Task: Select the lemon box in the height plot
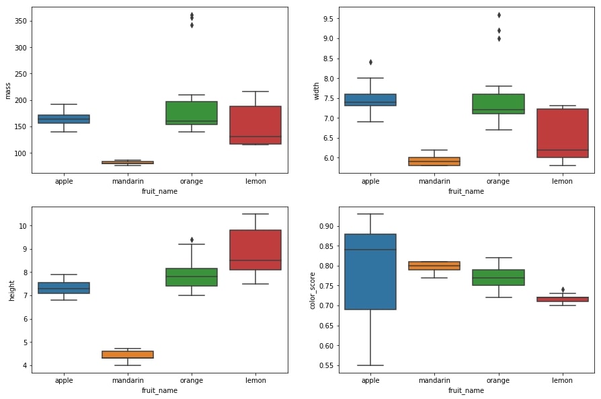255,250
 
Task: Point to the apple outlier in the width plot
370,63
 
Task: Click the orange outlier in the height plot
192,240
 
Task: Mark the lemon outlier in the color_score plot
562,289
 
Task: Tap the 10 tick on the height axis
22,226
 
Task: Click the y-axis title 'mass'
8,91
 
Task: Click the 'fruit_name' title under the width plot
466,191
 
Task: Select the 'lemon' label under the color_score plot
562,380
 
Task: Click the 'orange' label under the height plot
192,380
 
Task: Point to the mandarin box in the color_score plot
434,266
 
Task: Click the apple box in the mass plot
64,119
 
